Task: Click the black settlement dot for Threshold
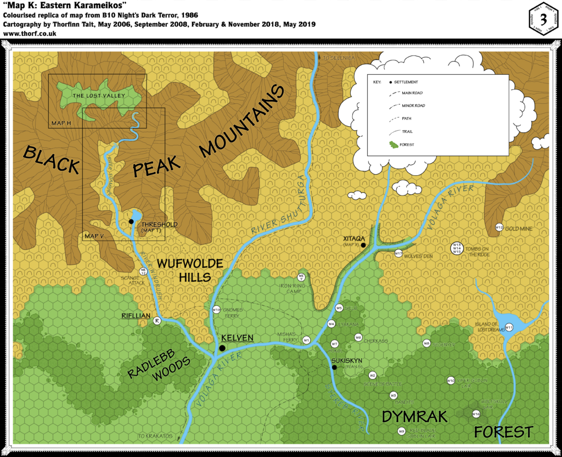(x=131, y=221)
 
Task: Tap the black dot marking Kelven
(x=222, y=348)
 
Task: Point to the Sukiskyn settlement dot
(x=334, y=367)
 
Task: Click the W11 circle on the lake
(x=509, y=328)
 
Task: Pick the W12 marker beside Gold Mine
(x=499, y=227)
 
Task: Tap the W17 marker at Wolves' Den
(x=398, y=253)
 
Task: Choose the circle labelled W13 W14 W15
(x=456, y=248)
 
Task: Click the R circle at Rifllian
(x=157, y=321)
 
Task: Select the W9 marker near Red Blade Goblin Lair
(x=402, y=431)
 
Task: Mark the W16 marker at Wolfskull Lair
(x=476, y=414)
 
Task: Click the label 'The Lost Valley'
(x=99, y=96)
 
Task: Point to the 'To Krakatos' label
(x=155, y=436)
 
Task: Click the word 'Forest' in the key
(x=407, y=144)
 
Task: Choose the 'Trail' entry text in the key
(x=407, y=131)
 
